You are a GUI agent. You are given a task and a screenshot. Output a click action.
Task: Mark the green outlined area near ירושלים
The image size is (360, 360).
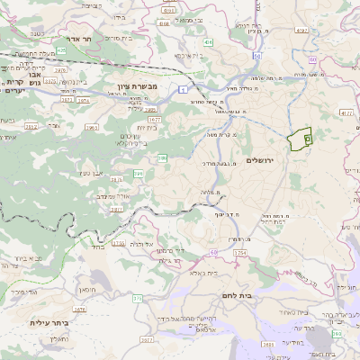299,140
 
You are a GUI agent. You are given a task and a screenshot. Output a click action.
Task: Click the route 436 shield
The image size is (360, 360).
208,42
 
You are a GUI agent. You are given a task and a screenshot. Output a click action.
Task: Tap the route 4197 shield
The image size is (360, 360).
301,31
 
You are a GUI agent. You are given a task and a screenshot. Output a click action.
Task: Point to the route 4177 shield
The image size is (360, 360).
346,112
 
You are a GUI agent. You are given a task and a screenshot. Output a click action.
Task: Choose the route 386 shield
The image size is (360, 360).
163,157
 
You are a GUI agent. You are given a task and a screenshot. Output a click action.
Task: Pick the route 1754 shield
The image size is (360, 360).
239,254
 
